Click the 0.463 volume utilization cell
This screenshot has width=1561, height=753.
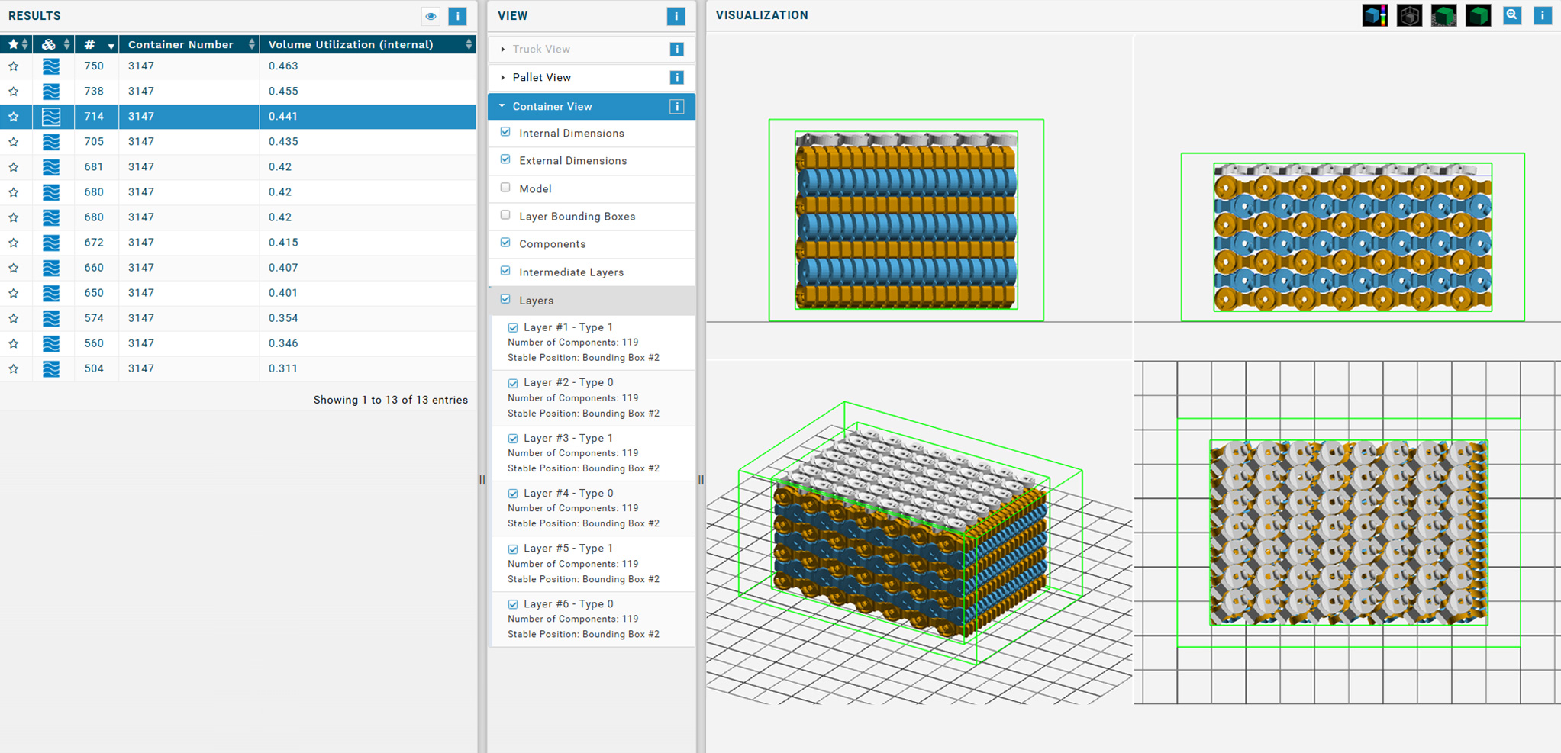coord(283,66)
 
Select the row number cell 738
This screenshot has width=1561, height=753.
coord(94,92)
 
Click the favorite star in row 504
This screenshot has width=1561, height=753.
coord(14,369)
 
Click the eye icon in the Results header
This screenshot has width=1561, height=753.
coord(431,16)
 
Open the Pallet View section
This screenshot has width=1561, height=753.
coord(541,77)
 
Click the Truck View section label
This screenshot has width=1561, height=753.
coord(541,49)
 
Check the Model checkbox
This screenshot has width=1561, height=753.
coord(505,188)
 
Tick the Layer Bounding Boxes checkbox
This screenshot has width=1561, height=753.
coord(505,215)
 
